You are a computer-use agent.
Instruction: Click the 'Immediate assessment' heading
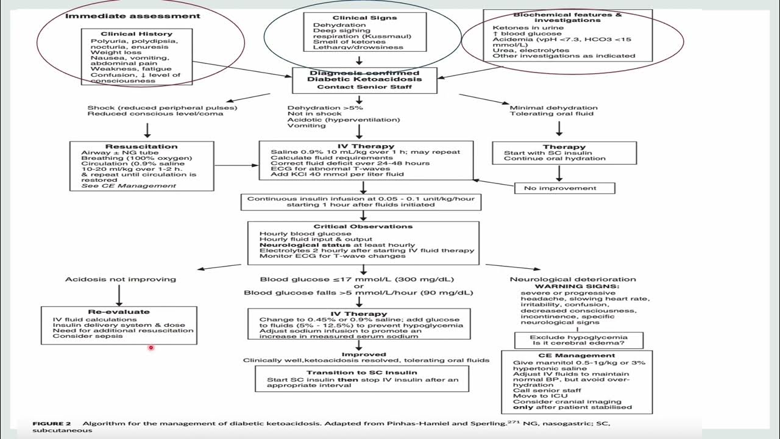132,15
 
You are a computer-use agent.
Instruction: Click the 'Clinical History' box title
128,34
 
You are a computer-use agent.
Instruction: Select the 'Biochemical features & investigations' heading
559,17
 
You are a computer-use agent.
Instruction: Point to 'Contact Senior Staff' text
365,87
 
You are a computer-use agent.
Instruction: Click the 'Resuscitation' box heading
141,146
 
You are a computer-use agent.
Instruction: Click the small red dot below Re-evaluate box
151,348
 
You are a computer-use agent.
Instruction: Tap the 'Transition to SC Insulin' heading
362,372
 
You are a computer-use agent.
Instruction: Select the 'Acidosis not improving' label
121,279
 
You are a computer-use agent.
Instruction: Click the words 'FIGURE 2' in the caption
52,423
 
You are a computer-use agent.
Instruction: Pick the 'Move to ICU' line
533,396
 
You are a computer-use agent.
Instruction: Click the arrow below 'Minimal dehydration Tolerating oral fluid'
559,128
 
